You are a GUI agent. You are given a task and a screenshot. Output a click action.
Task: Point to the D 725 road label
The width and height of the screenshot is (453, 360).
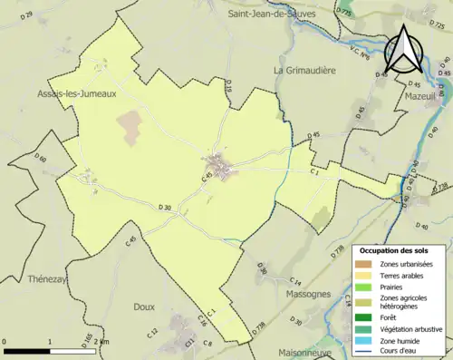click(344, 10)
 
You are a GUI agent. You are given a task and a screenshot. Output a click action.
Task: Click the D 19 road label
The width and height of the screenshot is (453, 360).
click(229, 87)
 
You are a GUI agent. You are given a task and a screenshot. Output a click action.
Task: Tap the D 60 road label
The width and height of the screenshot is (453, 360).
click(40, 160)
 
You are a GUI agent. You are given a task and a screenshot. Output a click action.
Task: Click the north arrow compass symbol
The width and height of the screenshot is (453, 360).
click(403, 50)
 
